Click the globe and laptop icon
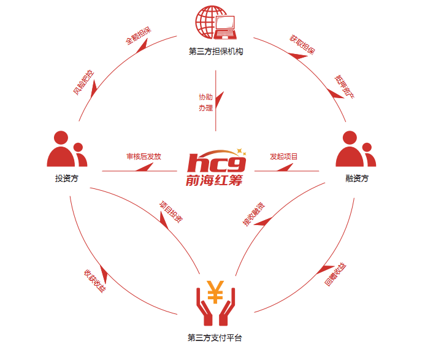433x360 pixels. tap(216, 22)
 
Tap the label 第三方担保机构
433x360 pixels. tap(216, 52)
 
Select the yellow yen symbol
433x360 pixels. tap(215, 292)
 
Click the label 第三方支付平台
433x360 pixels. tap(215, 338)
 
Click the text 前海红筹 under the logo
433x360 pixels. tap(214, 180)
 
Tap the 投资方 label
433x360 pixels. tap(67, 178)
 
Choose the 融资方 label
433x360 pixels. tap(357, 178)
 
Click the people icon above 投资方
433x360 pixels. tap(67, 149)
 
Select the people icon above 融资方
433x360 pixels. tap(356, 149)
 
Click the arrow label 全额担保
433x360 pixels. tap(139, 36)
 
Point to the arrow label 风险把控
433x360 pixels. tap(83, 82)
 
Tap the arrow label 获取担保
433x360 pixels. tap(302, 44)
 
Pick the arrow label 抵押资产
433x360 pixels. tap(344, 86)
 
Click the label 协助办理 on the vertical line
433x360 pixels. tap(205, 102)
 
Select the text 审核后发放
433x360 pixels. tap(144, 156)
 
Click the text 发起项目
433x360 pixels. tap(283, 156)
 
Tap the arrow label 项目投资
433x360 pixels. tap(171, 212)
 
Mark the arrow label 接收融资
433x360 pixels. tap(253, 214)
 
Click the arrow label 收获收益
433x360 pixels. tap(94, 281)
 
